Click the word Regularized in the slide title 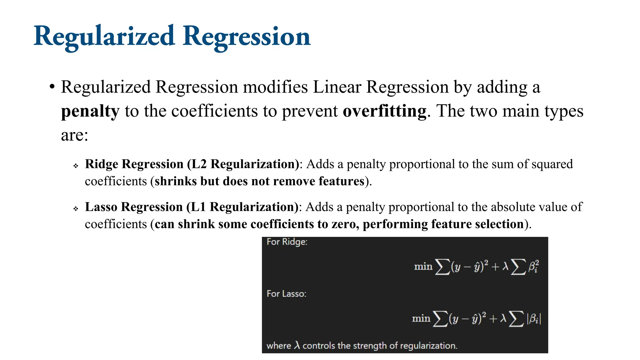tap(104, 37)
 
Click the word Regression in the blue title tap(247, 37)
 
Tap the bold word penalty tap(90, 111)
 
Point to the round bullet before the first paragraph tap(52, 87)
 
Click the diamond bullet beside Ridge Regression tap(76, 166)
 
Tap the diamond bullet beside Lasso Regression tap(76, 208)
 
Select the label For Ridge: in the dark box tap(287, 242)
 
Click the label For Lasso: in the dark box tap(286, 294)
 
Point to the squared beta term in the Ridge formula tap(534, 267)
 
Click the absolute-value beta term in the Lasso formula tap(534, 319)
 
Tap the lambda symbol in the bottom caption tap(297, 345)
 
